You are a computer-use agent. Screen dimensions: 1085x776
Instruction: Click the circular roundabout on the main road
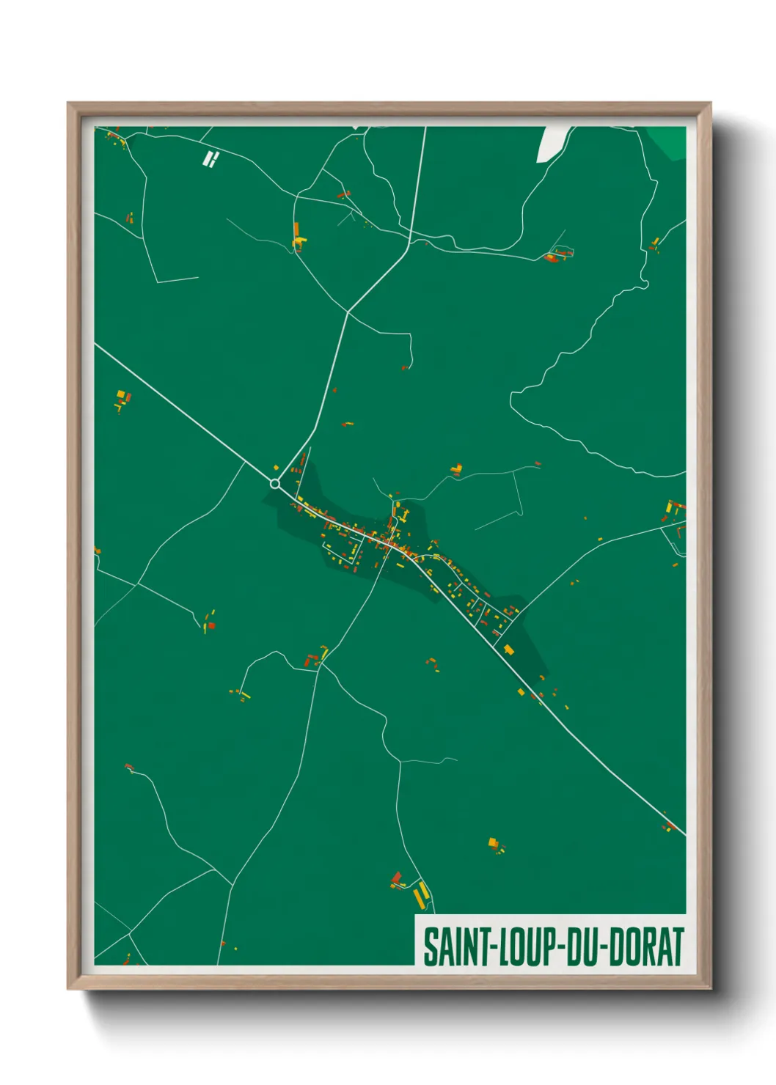275,484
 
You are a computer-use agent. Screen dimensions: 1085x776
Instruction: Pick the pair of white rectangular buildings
211,159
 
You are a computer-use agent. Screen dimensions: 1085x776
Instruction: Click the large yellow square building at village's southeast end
508,649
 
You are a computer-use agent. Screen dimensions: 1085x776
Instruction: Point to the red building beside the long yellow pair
397,878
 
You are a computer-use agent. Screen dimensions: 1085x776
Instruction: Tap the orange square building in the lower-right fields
493,842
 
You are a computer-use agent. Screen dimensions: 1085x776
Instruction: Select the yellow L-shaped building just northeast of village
458,468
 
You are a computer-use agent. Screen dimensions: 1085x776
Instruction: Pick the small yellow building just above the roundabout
277,467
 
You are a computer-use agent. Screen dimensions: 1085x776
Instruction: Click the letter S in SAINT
429,946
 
